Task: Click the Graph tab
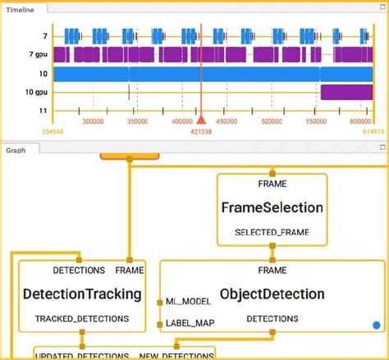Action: [x=16, y=150]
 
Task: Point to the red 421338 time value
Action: [x=200, y=131]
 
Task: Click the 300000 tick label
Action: [x=93, y=121]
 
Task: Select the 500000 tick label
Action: [x=270, y=121]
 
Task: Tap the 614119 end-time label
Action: [x=373, y=131]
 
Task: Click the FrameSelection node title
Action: [x=272, y=207]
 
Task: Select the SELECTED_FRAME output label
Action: [x=272, y=233]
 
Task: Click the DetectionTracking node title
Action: [x=83, y=294]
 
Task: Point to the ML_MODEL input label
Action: [x=189, y=303]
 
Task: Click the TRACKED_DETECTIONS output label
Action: [x=82, y=317]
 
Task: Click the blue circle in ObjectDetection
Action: [x=377, y=326]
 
